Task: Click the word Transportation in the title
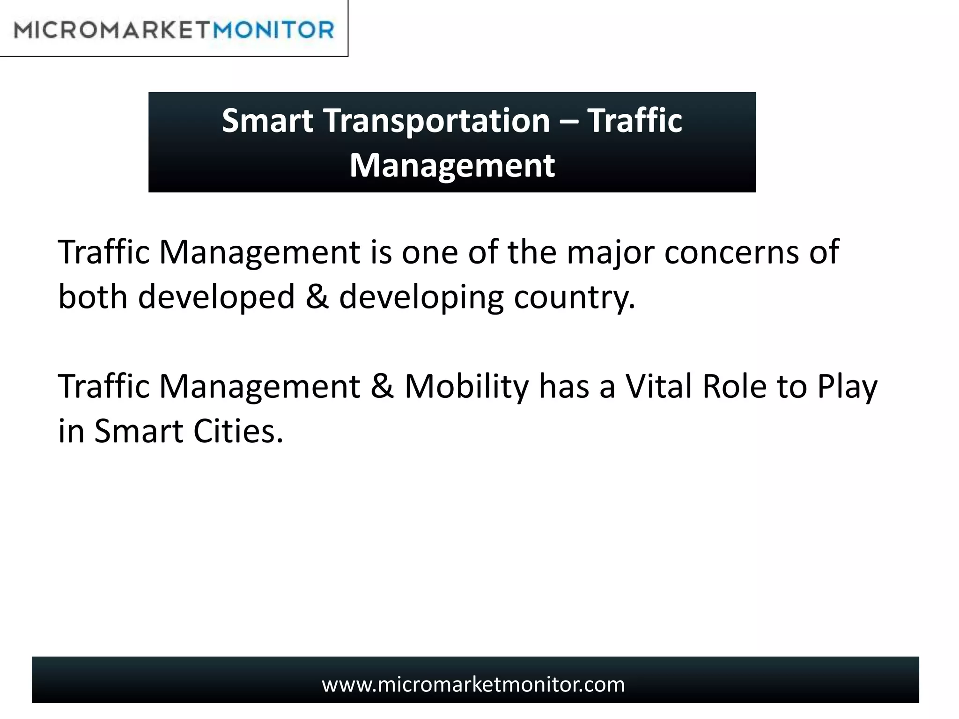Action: pos(436,121)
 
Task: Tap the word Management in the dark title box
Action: pos(452,165)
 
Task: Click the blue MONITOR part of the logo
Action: pos(273,30)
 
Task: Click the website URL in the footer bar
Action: pos(473,684)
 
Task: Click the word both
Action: pos(93,297)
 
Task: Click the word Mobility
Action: pos(466,387)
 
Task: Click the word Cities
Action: pos(238,431)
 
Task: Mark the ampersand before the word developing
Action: pos(317,297)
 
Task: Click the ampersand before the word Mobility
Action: pos(382,387)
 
